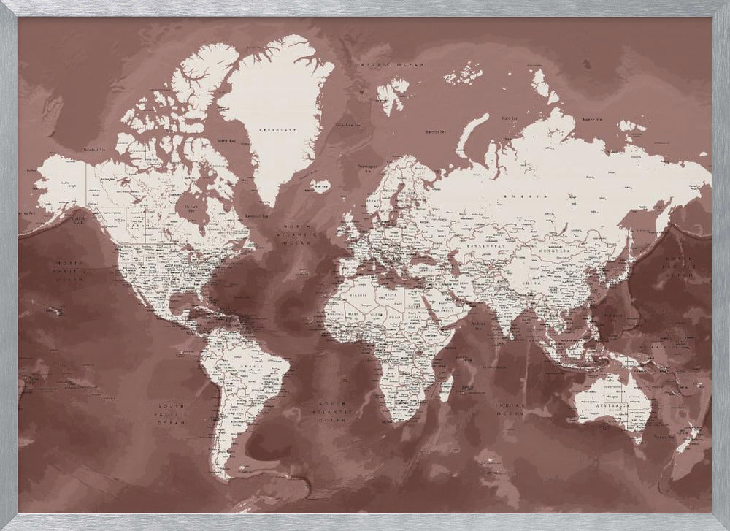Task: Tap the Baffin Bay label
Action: (227, 140)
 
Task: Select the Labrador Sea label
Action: (255, 216)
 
